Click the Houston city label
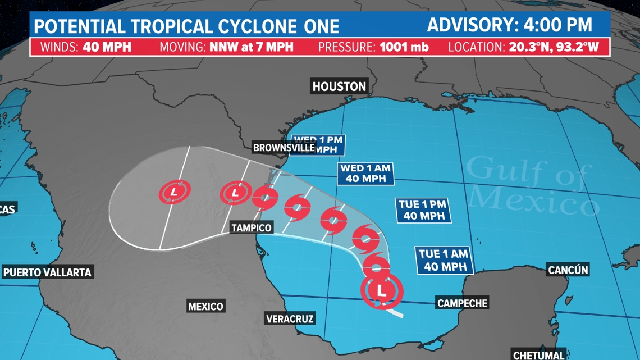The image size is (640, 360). pos(339,86)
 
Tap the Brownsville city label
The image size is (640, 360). pos(284,148)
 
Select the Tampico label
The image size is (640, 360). pos(252,227)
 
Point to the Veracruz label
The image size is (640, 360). pos(290,319)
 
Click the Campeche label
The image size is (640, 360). pos(462,303)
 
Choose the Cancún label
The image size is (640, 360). pos(568,270)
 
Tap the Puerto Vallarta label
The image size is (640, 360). pos(47,272)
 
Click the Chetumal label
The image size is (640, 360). pos(538,354)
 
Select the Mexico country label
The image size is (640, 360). pos(205,306)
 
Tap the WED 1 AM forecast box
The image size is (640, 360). pos(365,174)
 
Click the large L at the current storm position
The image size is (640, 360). pos(382,291)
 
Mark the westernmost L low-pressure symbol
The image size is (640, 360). pos(174,193)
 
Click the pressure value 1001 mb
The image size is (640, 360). pos(404,46)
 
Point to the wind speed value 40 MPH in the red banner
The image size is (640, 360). pos(107,46)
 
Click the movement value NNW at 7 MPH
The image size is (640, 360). pos(251,46)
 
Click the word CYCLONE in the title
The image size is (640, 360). pos(255,26)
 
